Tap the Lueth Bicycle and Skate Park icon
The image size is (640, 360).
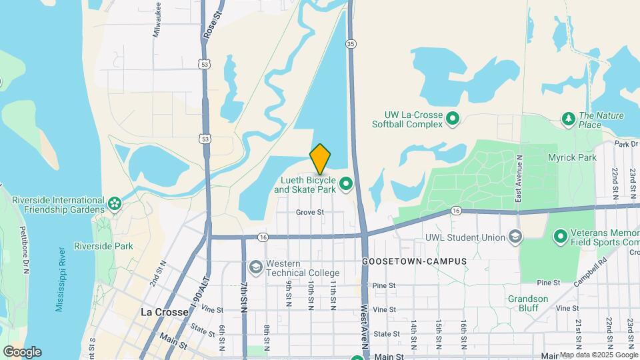coord(346,183)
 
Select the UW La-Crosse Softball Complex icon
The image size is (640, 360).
coord(453,119)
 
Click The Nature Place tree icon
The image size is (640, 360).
coord(568,119)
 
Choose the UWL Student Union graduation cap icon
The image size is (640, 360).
coord(515,237)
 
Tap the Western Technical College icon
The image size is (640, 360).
coord(255,267)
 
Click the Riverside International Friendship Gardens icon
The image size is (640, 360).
coord(115,202)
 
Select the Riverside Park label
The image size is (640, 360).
coord(103,246)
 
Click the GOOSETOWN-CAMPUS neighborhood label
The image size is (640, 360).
coord(414,261)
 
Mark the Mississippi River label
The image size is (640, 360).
coord(61,279)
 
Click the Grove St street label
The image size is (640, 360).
coord(310,213)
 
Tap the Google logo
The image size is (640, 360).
coord(22,352)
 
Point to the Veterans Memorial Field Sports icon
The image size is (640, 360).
coord(560,236)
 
